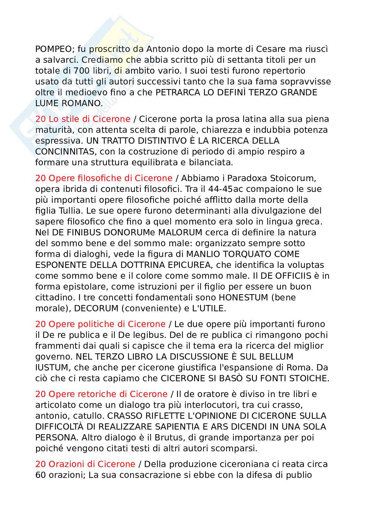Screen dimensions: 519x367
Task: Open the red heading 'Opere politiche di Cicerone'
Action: [100, 324]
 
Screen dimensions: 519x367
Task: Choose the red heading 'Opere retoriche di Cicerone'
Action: [101, 394]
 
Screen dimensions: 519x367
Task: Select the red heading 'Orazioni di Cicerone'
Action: [85, 464]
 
